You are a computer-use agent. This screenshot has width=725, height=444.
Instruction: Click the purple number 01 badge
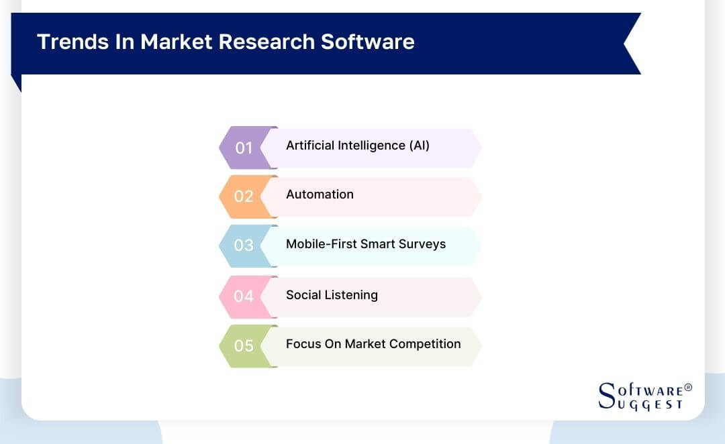click(243, 148)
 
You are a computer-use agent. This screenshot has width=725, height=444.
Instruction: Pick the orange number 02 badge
click(243, 197)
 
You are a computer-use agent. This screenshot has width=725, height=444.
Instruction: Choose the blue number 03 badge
click(243, 245)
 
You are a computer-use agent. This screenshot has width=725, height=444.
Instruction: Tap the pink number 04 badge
click(243, 296)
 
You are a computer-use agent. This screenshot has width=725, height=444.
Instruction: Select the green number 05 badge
click(243, 346)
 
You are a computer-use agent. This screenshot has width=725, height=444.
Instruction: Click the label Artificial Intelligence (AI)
click(357, 146)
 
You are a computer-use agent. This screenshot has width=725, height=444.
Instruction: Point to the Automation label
click(320, 195)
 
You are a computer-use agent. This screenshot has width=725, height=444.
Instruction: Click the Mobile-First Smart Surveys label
click(366, 244)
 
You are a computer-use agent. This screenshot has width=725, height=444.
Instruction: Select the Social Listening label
click(332, 295)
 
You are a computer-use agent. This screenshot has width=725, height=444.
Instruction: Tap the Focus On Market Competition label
click(373, 344)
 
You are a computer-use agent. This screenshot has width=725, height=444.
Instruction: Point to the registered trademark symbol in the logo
click(687, 388)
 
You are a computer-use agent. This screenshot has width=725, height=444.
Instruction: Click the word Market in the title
click(176, 42)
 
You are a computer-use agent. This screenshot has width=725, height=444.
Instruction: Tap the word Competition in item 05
click(424, 344)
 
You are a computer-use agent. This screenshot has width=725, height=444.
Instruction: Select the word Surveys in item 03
click(424, 244)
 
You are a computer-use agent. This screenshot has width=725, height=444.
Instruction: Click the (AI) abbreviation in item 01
click(419, 146)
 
